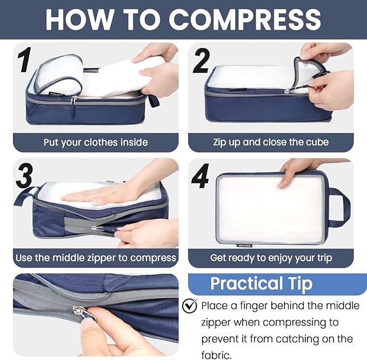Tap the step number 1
23,61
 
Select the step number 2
201,61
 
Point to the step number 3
24,176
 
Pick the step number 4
201,176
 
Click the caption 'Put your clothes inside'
96,143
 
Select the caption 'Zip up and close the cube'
271,143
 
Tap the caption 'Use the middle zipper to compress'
96,258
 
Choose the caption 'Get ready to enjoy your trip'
271,258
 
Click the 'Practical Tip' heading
261,284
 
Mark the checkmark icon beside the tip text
190,306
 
